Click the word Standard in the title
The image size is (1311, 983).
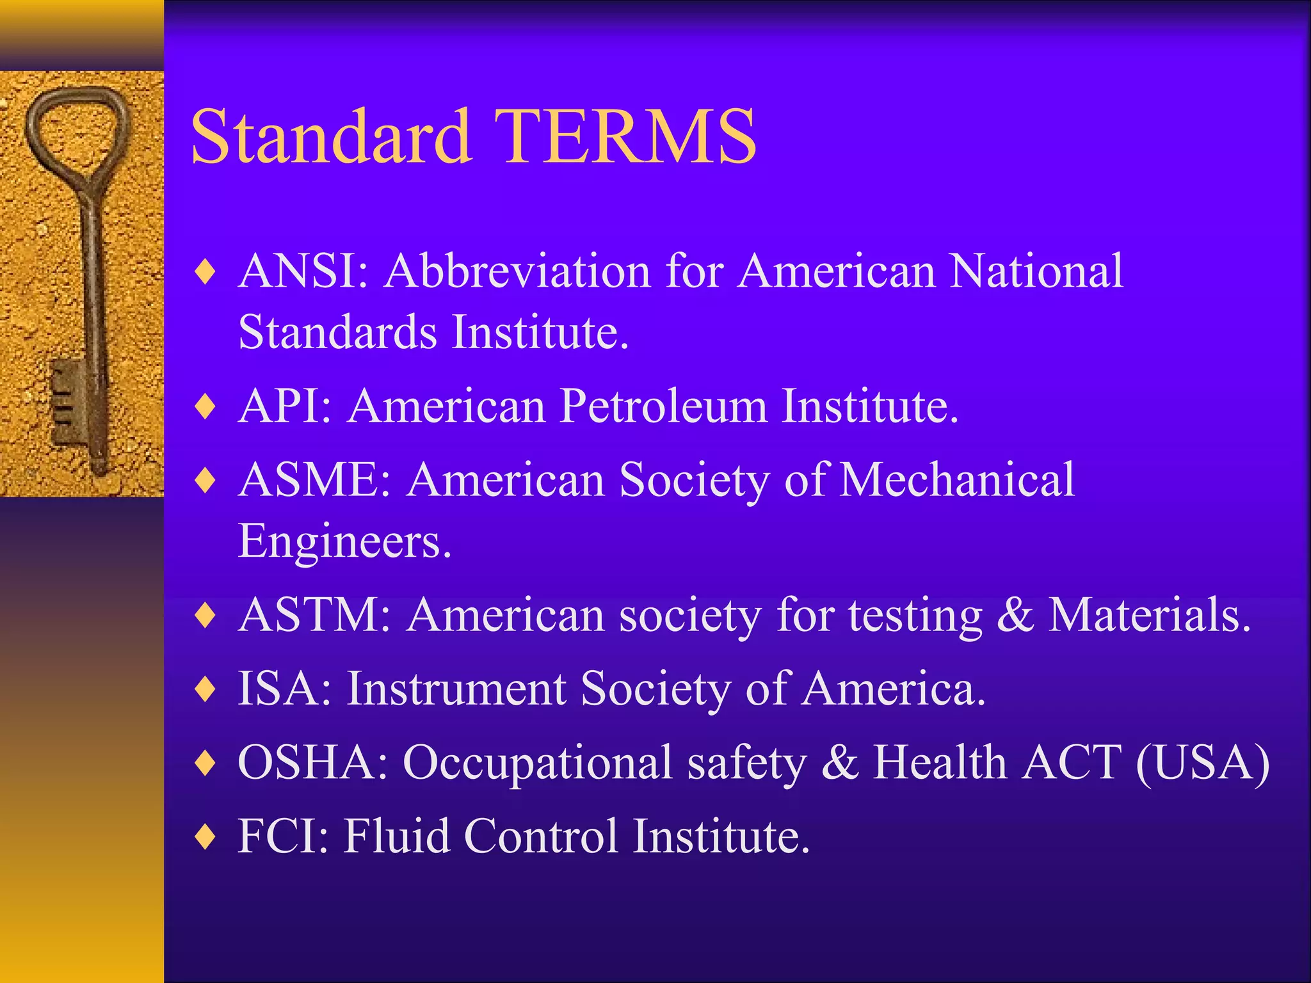coord(332,136)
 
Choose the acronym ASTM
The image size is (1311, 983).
coord(314,616)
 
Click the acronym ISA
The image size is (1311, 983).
coord(284,689)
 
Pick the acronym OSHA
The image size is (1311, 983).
coord(312,763)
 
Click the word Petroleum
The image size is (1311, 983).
coord(663,406)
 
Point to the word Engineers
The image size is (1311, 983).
coord(344,541)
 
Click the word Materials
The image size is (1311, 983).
coord(1149,616)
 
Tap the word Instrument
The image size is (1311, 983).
coord(456,689)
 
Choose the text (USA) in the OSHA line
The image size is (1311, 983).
coord(1202,763)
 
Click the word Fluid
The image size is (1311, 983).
coord(396,836)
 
